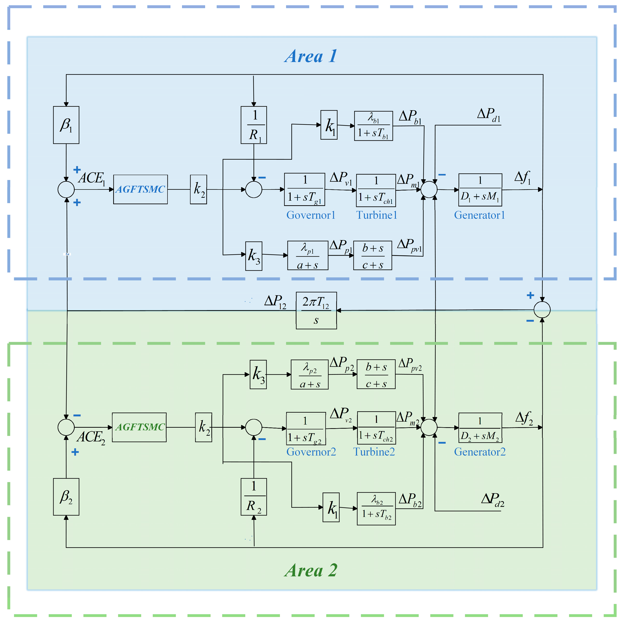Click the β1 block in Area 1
pos(66,125)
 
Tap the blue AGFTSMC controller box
pos(140,189)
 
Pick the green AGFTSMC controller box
pos(139,427)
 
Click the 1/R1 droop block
pos(254,125)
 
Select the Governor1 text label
pos(311,215)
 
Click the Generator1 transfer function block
pos(480,189)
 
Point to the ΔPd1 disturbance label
pos(488,115)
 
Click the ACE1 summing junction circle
pos(66,189)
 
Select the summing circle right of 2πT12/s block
pos(542,310)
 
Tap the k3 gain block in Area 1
pos(254,256)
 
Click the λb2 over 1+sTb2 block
pos(376,509)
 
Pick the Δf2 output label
pos(524,418)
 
